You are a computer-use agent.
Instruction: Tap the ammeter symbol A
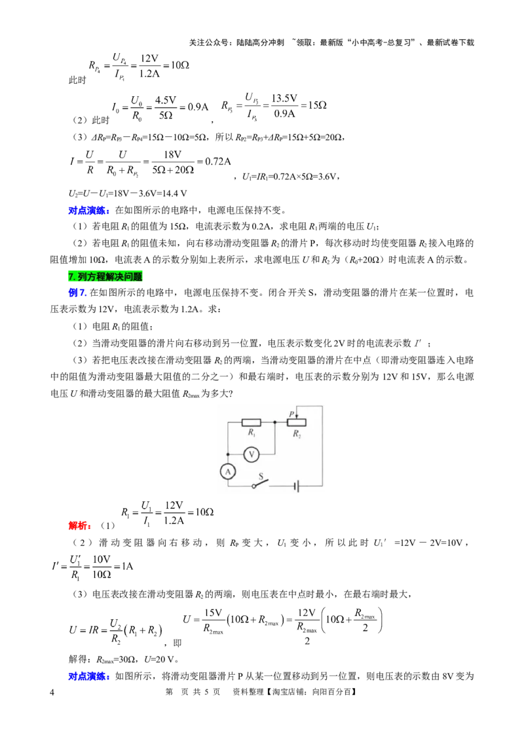click(227, 471)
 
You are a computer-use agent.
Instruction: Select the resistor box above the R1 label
click(252, 423)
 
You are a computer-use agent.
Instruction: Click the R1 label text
click(251, 433)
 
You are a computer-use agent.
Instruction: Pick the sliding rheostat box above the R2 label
click(297, 423)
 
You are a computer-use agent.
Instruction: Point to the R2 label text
click(297, 434)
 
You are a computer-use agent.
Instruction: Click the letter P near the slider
click(291, 414)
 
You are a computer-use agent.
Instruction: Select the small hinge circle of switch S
click(254, 486)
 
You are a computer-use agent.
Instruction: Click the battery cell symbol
click(297, 486)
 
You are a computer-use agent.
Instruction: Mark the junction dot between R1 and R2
click(275, 423)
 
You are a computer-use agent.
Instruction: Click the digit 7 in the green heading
click(71, 277)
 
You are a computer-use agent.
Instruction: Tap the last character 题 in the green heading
click(138, 277)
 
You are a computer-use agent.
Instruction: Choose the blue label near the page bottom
click(88, 676)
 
